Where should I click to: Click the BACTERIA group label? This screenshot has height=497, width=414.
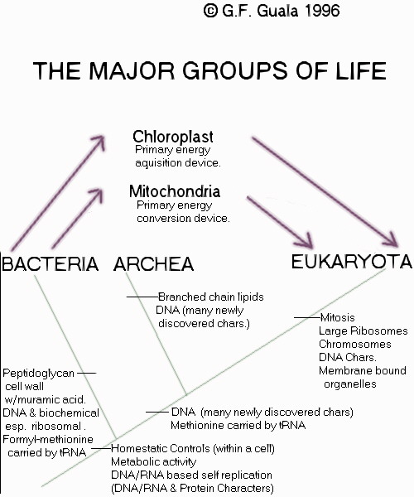[50, 264]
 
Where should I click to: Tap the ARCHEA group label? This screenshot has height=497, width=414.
[154, 264]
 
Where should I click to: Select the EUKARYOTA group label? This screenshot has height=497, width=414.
[352, 262]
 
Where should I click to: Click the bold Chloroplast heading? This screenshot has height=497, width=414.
[173, 137]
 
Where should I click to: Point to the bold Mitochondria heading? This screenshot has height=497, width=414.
[175, 191]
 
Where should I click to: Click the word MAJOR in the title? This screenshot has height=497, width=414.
[132, 70]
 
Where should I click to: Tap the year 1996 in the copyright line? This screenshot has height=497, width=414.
[323, 11]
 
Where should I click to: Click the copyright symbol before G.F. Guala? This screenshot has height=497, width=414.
[210, 11]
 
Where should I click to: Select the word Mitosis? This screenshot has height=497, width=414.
[338, 317]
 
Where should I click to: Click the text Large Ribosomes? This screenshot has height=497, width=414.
[363, 331]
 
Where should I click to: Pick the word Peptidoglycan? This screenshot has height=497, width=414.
[38, 373]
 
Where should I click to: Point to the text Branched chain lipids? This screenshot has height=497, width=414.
[211, 297]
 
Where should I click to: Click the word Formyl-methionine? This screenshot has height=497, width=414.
[48, 439]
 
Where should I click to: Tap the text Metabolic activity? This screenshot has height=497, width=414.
[154, 461]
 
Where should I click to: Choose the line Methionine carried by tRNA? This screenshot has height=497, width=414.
[238, 425]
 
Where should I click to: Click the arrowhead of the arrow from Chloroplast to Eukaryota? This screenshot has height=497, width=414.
[392, 240]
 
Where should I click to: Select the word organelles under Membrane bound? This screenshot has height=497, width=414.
[350, 384]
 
